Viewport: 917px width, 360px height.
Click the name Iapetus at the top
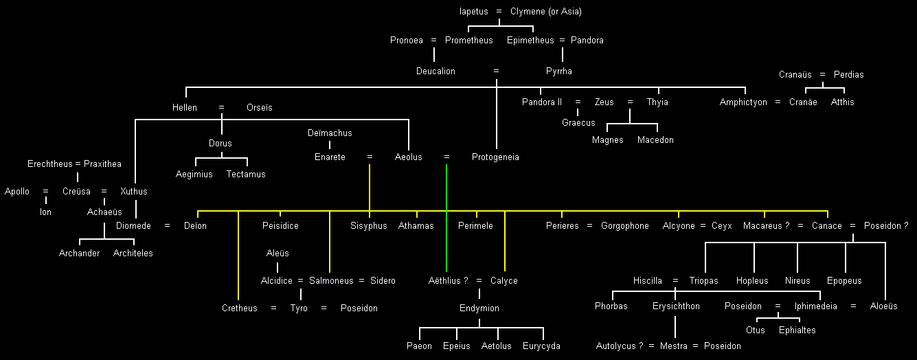[x=473, y=12]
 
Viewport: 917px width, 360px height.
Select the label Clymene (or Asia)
[x=545, y=12]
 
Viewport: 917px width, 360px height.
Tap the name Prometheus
[x=468, y=41]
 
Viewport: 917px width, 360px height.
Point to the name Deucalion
[x=435, y=71]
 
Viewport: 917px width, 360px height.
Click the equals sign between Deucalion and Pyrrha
[x=496, y=71]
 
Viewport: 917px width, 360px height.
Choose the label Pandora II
[x=541, y=102]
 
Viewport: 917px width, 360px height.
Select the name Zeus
[x=604, y=102]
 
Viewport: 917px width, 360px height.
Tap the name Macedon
[x=655, y=140]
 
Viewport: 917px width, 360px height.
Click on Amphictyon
[x=743, y=102]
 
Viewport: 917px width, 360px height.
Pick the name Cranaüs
[x=795, y=75]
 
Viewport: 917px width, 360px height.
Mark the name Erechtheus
[x=50, y=164]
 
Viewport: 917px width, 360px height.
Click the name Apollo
[x=17, y=192]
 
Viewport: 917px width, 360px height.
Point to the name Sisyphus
[x=369, y=226]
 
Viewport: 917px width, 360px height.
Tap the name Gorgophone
[x=624, y=226]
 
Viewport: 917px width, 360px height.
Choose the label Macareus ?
[x=766, y=226]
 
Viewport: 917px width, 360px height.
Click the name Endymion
[x=479, y=308]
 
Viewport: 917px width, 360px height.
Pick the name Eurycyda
[x=541, y=346]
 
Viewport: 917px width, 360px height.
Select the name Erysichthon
[x=676, y=306]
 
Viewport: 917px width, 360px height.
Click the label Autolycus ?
[x=619, y=346]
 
